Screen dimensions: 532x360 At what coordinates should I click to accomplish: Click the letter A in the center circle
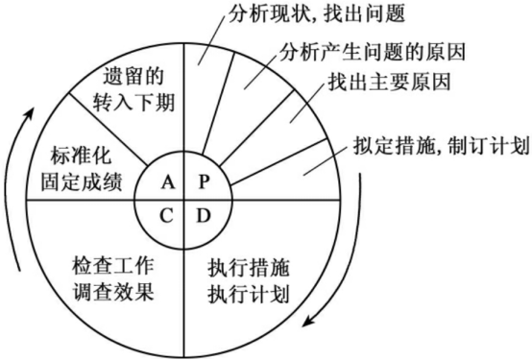tap(168, 180)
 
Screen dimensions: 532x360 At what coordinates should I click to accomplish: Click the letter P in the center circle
tap(203, 180)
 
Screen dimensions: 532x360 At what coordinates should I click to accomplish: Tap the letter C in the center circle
tap(168, 214)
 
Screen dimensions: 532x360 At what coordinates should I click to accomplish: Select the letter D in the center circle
tap(203, 214)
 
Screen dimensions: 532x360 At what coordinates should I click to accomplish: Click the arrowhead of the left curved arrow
tap(32, 113)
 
